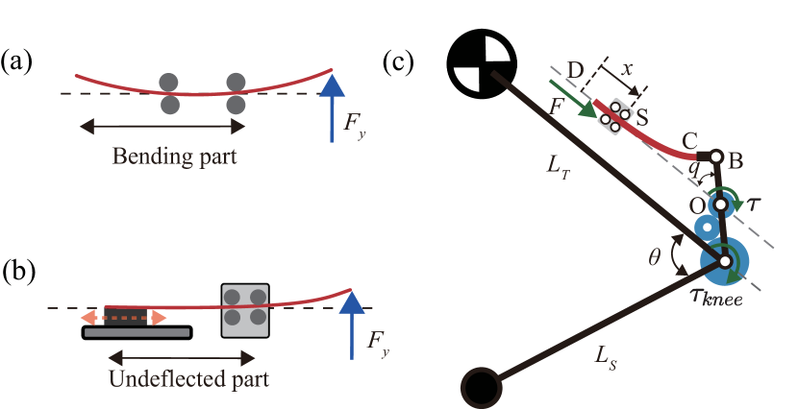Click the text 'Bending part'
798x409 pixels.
[174, 156]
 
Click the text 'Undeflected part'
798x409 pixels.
[188, 378]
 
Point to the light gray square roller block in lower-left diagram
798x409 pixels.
[245, 310]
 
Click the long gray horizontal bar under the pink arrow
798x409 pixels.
[137, 333]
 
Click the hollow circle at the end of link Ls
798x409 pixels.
[481, 389]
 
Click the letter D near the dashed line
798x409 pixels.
[575, 69]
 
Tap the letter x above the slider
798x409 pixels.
[628, 71]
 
